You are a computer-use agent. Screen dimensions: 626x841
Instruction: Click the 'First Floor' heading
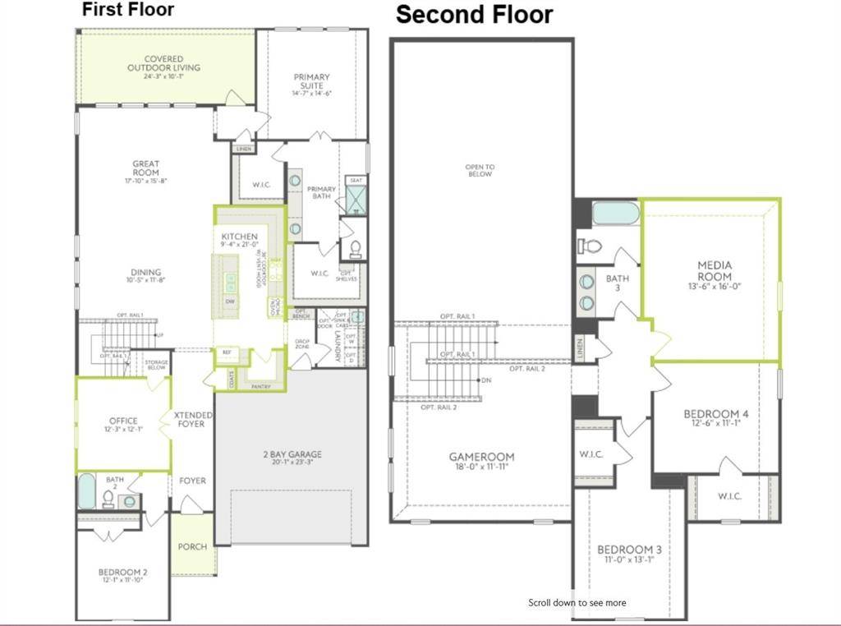coord(128,11)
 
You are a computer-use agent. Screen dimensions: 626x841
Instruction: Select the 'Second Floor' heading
coord(474,15)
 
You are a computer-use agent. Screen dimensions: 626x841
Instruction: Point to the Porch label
coord(193,546)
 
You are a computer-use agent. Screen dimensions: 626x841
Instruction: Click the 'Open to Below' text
coord(480,170)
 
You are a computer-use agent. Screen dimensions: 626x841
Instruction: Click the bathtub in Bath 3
coord(614,214)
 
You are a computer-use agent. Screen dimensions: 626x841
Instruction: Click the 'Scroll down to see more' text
coord(577,602)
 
